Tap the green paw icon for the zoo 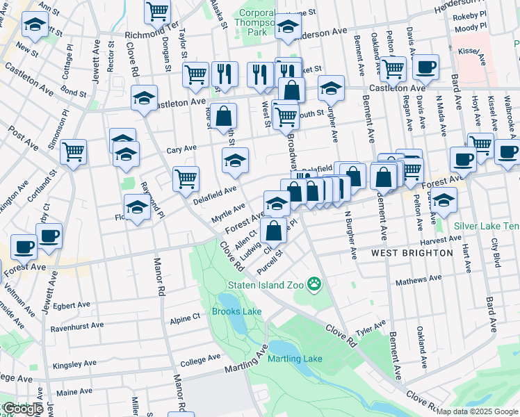pyautogui.click(x=315, y=284)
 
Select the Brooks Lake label pyautogui.click(x=236, y=311)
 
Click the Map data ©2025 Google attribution pyautogui.click(x=478, y=411)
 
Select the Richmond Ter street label pyautogui.click(x=152, y=34)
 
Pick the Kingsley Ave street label pyautogui.click(x=75, y=363)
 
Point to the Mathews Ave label pyautogui.click(x=419, y=280)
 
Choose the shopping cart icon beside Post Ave pyautogui.click(x=73, y=151)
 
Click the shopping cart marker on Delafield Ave pyautogui.click(x=186, y=179)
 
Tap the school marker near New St pyautogui.click(x=35, y=26)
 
